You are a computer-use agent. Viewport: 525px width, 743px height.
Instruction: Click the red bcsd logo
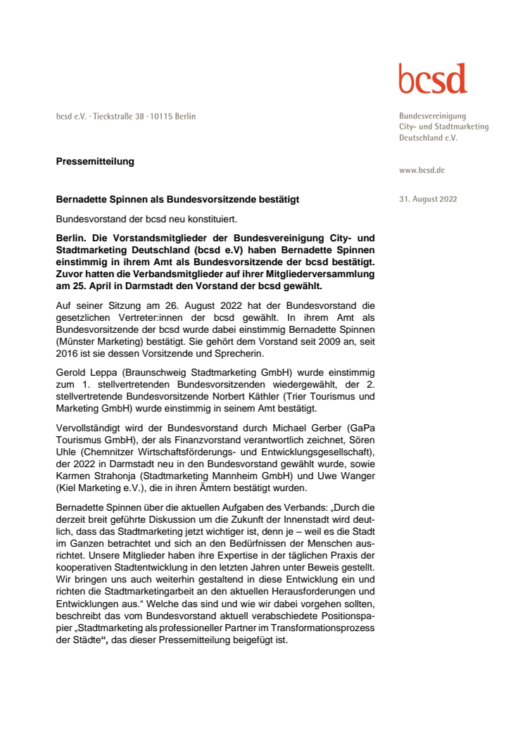coord(432,79)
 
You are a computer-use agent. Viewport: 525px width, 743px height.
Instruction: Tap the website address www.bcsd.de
coord(422,170)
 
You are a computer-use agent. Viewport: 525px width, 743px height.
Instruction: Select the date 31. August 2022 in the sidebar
coord(428,199)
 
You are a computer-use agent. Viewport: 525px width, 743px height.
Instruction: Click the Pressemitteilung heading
coord(95,162)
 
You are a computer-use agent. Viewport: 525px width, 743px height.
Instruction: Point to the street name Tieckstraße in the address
coord(117,116)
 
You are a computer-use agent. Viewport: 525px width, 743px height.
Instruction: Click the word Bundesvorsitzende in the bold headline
coord(210,200)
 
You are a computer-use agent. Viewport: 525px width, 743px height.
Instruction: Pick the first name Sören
coord(360,443)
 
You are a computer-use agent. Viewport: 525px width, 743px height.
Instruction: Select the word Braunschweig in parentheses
coord(153,370)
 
